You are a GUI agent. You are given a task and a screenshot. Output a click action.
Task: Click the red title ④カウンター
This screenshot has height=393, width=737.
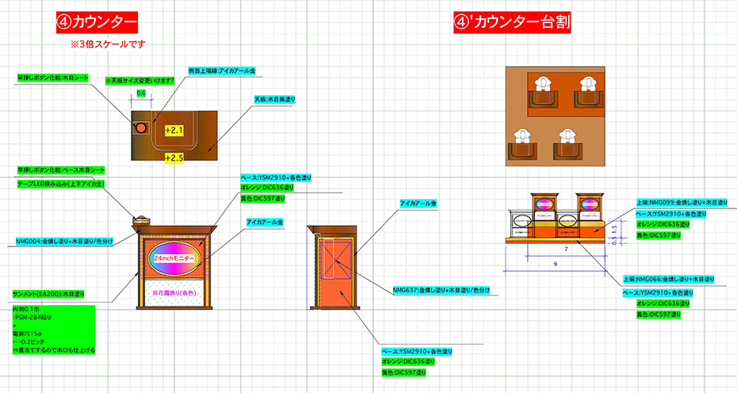[97, 22]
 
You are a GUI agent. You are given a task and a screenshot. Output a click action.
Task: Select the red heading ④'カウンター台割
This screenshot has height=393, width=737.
[512, 22]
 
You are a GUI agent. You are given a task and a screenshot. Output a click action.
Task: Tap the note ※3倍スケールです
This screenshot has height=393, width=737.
[108, 44]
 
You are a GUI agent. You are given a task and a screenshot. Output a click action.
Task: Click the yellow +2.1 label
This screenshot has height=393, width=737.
[174, 129]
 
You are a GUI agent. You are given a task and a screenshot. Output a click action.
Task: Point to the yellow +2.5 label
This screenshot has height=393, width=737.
[174, 158]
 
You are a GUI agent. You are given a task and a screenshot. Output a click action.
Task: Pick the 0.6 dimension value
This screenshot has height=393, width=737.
[141, 93]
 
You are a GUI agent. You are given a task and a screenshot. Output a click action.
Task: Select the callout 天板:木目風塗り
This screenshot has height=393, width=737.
[275, 99]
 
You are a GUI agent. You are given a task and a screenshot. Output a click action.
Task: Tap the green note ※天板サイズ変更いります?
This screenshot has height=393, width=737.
[140, 80]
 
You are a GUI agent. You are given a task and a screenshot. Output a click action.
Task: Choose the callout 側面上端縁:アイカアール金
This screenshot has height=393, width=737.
[222, 71]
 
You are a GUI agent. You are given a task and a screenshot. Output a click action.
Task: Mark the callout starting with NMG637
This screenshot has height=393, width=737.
[441, 289]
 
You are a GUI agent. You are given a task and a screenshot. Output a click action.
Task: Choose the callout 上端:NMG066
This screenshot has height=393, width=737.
[669, 279]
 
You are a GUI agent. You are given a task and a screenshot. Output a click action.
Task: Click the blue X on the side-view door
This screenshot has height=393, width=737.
[334, 257]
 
